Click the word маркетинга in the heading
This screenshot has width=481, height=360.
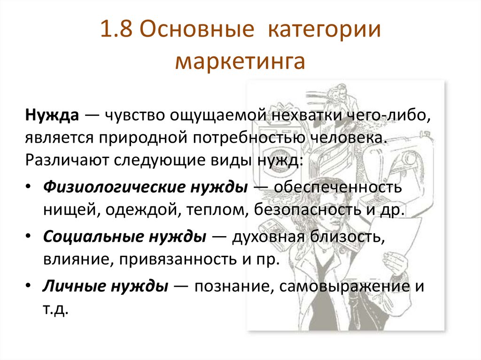[x=240, y=61]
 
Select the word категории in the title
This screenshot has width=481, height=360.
[x=324, y=32]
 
